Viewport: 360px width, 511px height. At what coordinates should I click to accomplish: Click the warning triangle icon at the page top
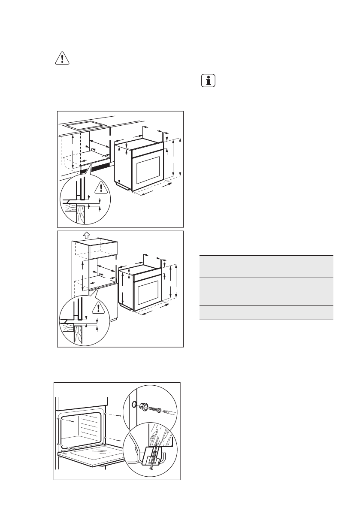pos(62,59)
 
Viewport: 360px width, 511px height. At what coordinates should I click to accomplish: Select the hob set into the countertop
pos(84,126)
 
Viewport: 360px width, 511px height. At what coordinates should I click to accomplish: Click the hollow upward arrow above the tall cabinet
pos(86,234)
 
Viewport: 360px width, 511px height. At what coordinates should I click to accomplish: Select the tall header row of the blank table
pos(266,266)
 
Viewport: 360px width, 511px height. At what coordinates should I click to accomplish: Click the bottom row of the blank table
pos(266,313)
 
